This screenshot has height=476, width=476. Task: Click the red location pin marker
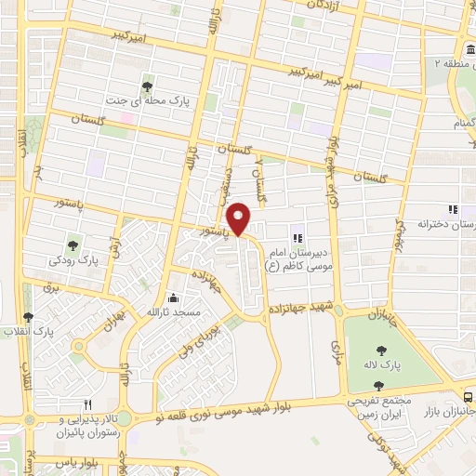(x=240, y=219)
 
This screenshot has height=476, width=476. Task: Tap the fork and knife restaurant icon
(x=88, y=405)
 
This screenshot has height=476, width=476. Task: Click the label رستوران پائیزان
(x=89, y=433)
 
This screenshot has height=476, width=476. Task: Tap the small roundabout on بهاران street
(x=78, y=348)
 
